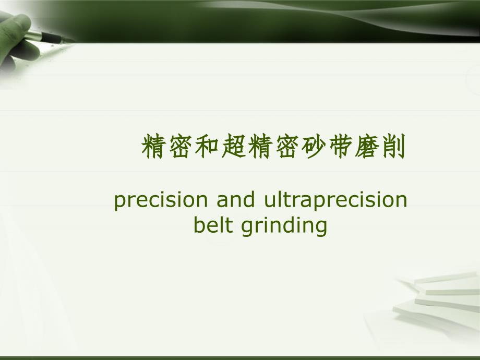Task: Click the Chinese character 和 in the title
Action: pyautogui.click(x=207, y=146)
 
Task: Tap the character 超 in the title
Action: pyautogui.click(x=234, y=146)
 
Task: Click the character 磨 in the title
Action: pyautogui.click(x=367, y=146)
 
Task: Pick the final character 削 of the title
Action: pyautogui.click(x=394, y=146)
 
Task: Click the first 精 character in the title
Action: pyautogui.click(x=154, y=146)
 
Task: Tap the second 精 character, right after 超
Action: pyautogui.click(x=260, y=146)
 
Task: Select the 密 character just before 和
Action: pyautogui.click(x=181, y=146)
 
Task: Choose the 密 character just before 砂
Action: pyautogui.click(x=287, y=146)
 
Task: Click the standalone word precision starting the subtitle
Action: pyautogui.click(x=161, y=200)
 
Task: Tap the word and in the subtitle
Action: pyautogui.click(x=236, y=199)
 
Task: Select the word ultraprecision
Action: pyautogui.click(x=335, y=200)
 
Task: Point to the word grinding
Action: pyautogui.click(x=284, y=226)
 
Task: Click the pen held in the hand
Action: pyautogui.click(x=49, y=36)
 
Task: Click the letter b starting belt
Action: pyautogui.click(x=199, y=225)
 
